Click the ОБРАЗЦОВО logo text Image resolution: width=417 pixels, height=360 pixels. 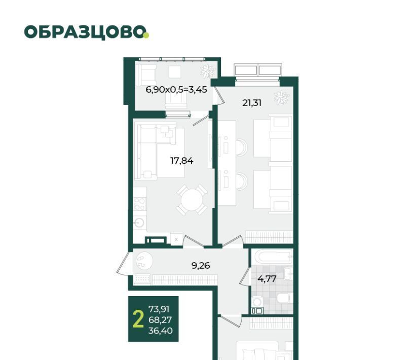(85, 32)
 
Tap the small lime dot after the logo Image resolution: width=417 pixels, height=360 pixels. (146, 35)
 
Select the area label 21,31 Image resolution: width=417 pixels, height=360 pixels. (252, 103)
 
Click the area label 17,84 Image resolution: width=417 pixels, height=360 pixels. (181, 161)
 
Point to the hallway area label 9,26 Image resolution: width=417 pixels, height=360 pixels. (201, 265)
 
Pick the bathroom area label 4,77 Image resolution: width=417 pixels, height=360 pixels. (267, 279)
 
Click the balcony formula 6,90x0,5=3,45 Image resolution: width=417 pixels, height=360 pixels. (176, 90)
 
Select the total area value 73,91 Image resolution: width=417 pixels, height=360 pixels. (159, 309)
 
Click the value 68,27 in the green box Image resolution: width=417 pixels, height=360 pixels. (160, 320)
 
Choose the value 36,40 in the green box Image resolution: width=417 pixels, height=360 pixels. (160, 331)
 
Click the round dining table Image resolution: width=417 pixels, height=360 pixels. (192, 200)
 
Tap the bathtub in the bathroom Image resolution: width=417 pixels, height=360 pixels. (272, 257)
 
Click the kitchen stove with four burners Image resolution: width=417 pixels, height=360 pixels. (139, 204)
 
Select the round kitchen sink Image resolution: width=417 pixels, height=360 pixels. (139, 223)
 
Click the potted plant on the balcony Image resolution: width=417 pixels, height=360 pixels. (207, 71)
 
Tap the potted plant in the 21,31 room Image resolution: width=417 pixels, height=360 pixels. (281, 97)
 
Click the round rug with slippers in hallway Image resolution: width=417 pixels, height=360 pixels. (144, 261)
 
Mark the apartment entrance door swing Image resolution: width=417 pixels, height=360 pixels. (124, 264)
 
